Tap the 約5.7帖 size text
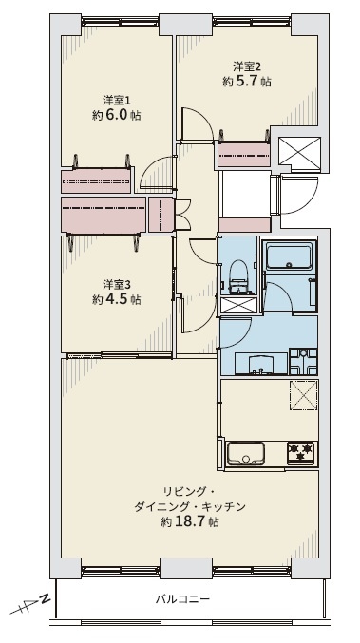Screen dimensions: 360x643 246,81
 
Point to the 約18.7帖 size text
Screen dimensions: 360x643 189,521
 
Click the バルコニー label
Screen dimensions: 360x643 182,599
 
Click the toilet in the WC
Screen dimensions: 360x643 237,276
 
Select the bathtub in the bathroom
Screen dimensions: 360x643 289,256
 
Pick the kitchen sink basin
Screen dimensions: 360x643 246,454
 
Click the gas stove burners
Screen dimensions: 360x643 300,453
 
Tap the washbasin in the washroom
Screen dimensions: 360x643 261,364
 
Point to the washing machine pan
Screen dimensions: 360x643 303,361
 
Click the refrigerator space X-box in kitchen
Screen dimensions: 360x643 304,395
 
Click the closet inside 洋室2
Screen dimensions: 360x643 243,154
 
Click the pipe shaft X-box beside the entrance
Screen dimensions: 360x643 299,153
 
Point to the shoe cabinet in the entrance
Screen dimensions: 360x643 244,225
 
